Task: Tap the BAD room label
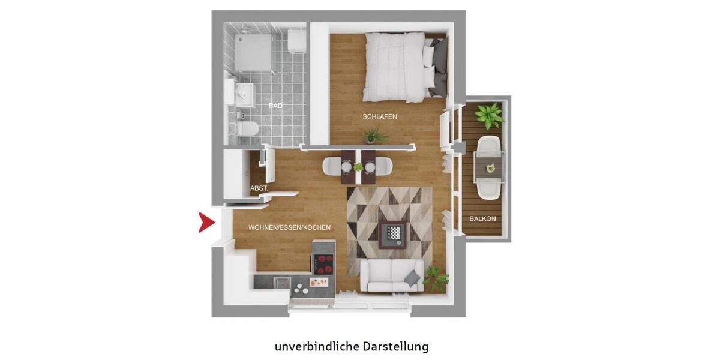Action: (x=275, y=106)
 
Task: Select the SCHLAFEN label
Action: (x=380, y=116)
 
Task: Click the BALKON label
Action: (x=482, y=219)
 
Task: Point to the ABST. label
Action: (x=259, y=188)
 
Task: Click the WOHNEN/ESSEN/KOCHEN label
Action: (x=289, y=228)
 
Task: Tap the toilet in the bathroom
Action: (x=248, y=128)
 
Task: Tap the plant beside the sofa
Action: (x=435, y=277)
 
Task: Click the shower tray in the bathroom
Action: (x=251, y=52)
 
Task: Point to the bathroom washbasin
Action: (x=244, y=94)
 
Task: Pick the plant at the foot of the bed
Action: (x=376, y=136)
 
